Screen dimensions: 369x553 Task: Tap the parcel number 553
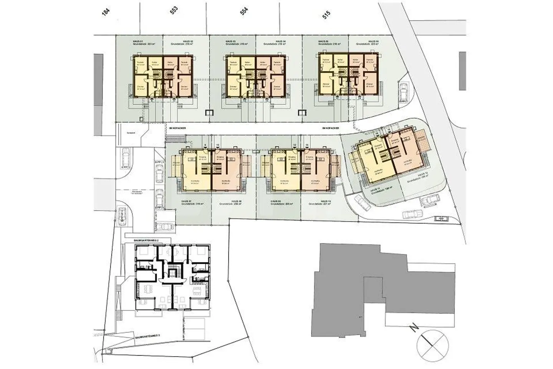(x=174, y=11)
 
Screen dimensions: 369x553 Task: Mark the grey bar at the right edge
(x=462, y=71)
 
